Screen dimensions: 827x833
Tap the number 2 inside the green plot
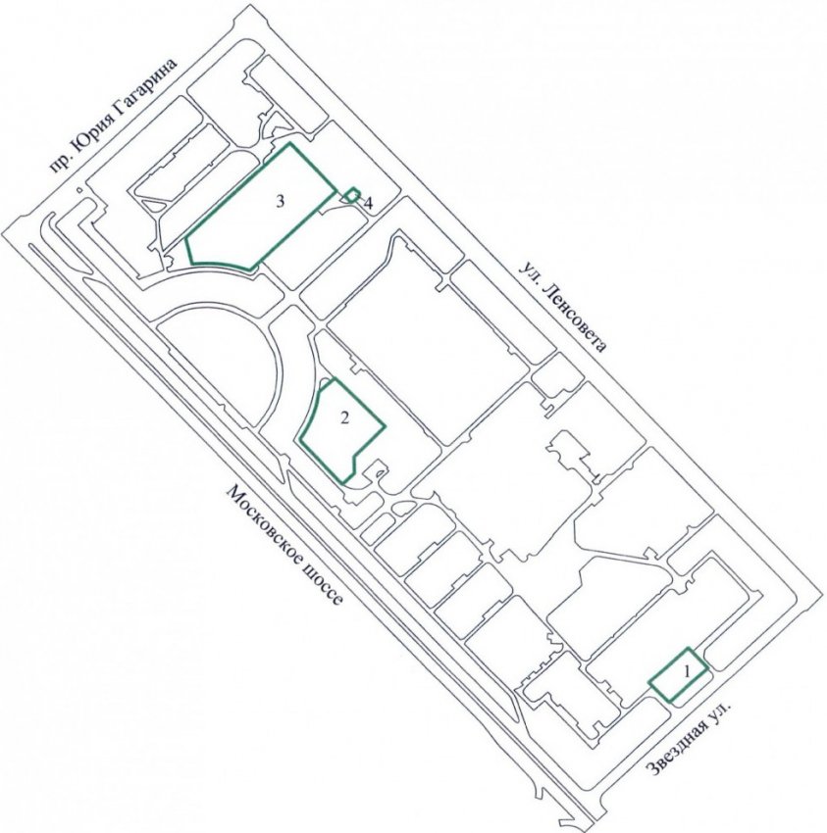click(x=344, y=418)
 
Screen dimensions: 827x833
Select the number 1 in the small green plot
click(x=686, y=672)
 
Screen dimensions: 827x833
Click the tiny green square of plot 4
click(x=351, y=195)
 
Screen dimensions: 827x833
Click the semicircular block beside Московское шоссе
click(x=230, y=362)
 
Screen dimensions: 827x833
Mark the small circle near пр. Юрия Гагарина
click(x=78, y=189)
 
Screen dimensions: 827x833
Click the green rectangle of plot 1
click(x=678, y=674)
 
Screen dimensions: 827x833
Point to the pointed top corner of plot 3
click(x=289, y=143)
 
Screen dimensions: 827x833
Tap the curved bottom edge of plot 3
click(x=224, y=264)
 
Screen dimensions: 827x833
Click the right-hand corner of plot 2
click(x=385, y=425)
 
